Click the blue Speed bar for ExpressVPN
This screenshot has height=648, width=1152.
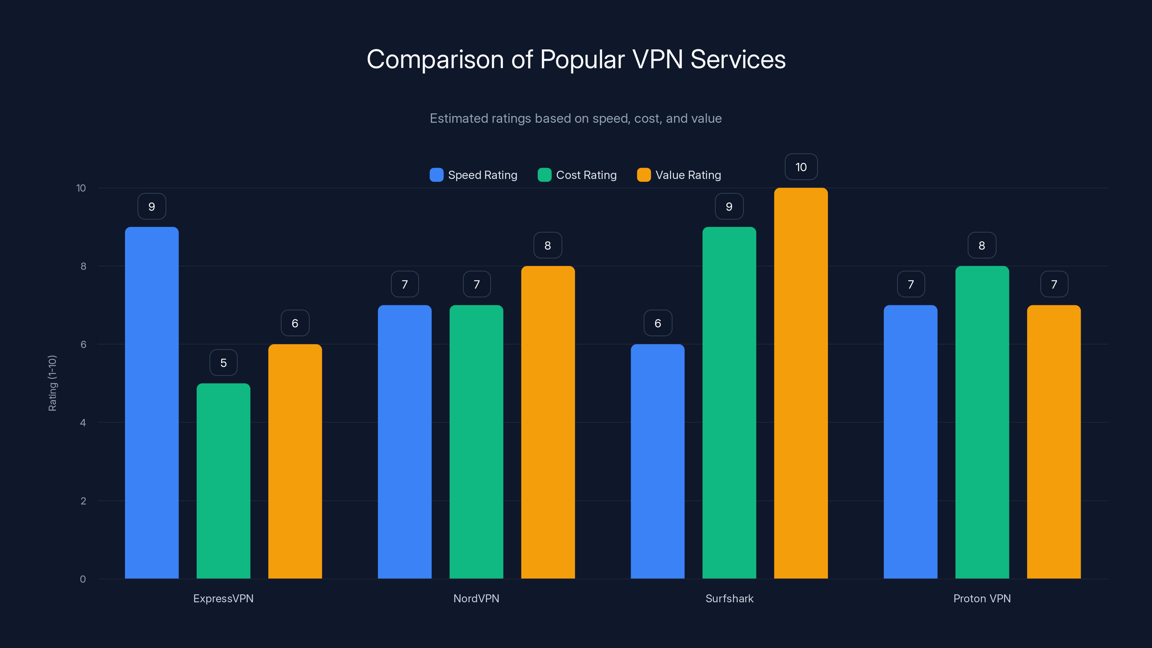coord(152,402)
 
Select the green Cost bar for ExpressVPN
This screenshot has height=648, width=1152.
coord(223,481)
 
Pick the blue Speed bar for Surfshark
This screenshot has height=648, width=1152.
coord(657,461)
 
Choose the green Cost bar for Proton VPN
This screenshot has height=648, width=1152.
coord(982,422)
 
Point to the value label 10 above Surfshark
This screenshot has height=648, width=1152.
coord(801,167)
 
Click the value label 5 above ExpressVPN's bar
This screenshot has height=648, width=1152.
coord(223,363)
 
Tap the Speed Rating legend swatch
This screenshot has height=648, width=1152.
coord(436,175)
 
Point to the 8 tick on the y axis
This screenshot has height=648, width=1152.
coord(83,266)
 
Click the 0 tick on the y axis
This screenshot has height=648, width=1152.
coord(83,579)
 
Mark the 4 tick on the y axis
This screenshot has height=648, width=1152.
coord(83,423)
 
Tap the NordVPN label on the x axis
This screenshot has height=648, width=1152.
coord(476,598)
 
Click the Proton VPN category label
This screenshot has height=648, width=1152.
coord(982,598)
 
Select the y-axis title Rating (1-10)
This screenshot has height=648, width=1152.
coord(52,383)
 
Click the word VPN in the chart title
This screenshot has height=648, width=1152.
coord(657,59)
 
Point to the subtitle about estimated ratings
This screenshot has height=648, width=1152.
coord(576,118)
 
